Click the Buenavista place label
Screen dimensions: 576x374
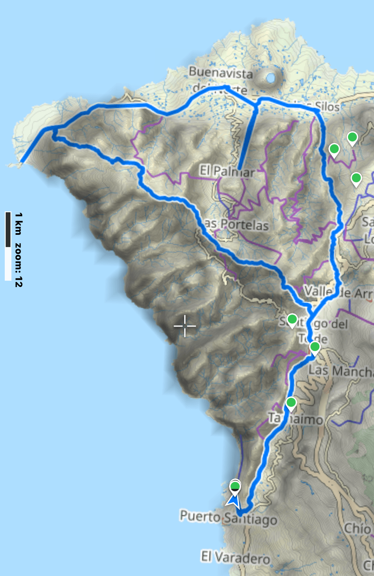coord(221,73)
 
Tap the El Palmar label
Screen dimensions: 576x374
coord(227,171)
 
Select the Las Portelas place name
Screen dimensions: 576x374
coord(236,224)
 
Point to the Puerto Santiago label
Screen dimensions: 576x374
coord(228,518)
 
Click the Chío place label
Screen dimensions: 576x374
coord(357,528)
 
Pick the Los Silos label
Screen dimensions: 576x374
coord(320,106)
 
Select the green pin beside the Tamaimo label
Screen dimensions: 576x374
coord(291,403)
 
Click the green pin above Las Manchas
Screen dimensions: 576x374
coord(315,347)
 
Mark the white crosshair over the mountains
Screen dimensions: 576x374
coord(185,326)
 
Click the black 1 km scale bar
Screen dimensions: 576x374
coord(8,229)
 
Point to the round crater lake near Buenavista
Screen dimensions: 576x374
coord(271,78)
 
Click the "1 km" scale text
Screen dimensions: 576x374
coord(18,224)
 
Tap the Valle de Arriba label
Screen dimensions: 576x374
coord(338,292)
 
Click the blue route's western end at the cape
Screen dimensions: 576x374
coord(22,162)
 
